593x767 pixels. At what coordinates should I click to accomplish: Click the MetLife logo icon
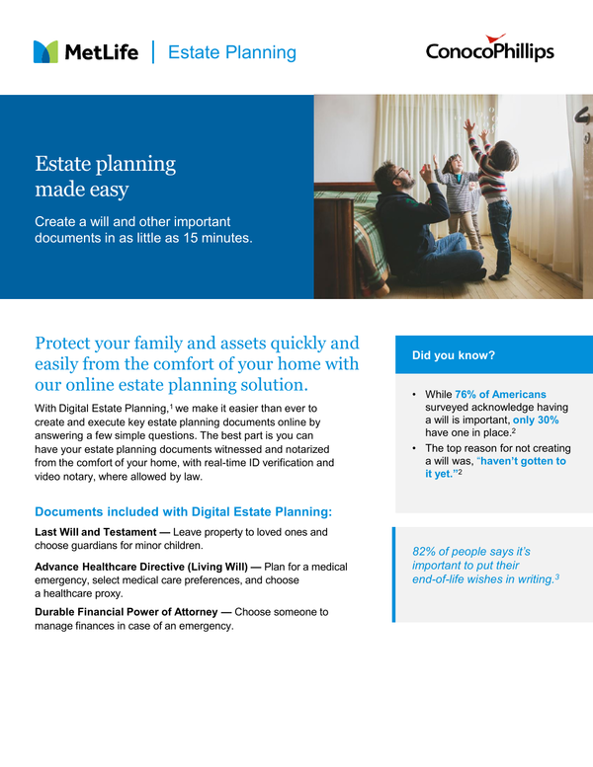point(45,52)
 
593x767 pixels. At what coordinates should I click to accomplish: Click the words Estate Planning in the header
point(232,53)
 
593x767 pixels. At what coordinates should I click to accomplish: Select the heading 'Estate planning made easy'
point(105,176)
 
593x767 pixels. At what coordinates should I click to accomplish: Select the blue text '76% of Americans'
point(500,395)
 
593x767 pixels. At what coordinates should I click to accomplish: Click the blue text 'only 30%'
point(536,420)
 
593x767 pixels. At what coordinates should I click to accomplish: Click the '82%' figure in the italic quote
point(426,551)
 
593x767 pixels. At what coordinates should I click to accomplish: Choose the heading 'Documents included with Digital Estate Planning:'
point(184,511)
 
